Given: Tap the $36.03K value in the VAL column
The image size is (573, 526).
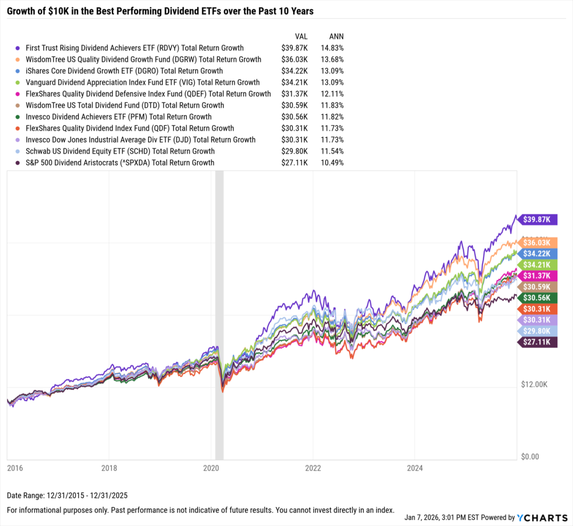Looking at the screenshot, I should pyautogui.click(x=295, y=59).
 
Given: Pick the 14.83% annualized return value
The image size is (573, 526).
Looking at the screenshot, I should pyautogui.click(x=330, y=48).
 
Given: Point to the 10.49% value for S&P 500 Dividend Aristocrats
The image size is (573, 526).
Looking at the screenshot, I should pyautogui.click(x=330, y=162).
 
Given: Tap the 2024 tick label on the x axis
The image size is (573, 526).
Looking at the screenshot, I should pyautogui.click(x=414, y=467).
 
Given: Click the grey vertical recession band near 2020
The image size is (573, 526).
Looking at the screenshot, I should pyautogui.click(x=219, y=314).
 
